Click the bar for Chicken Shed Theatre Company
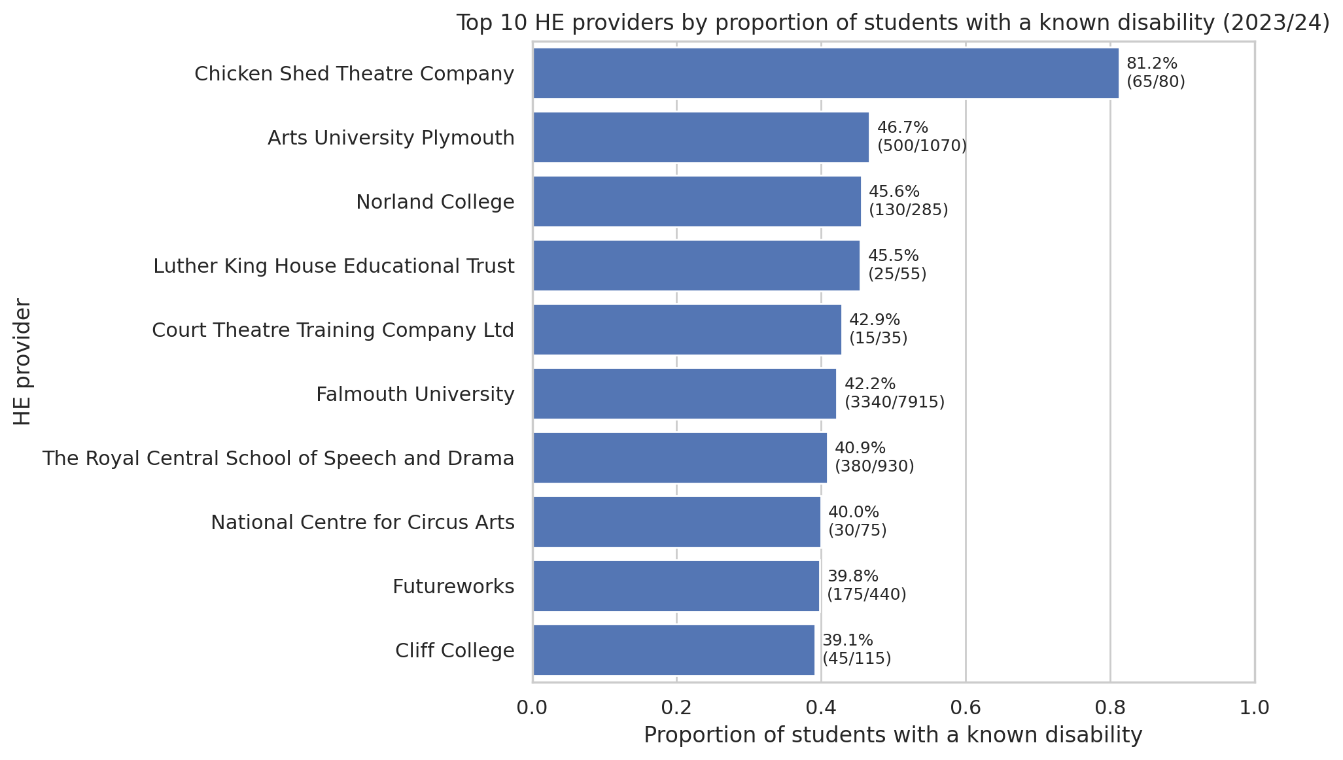826,73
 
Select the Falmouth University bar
684,394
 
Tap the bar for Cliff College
674,650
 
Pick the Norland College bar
697,201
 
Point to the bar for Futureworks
676,586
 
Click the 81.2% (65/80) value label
1155,73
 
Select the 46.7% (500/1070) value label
921,137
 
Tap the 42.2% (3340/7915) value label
894,393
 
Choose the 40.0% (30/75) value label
857,521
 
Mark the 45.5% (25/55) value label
897,265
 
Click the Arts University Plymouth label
391,138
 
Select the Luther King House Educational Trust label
334,266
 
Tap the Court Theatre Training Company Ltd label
333,330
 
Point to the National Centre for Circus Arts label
362,523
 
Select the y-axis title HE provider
23,362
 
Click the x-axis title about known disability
893,735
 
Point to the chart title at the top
893,23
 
